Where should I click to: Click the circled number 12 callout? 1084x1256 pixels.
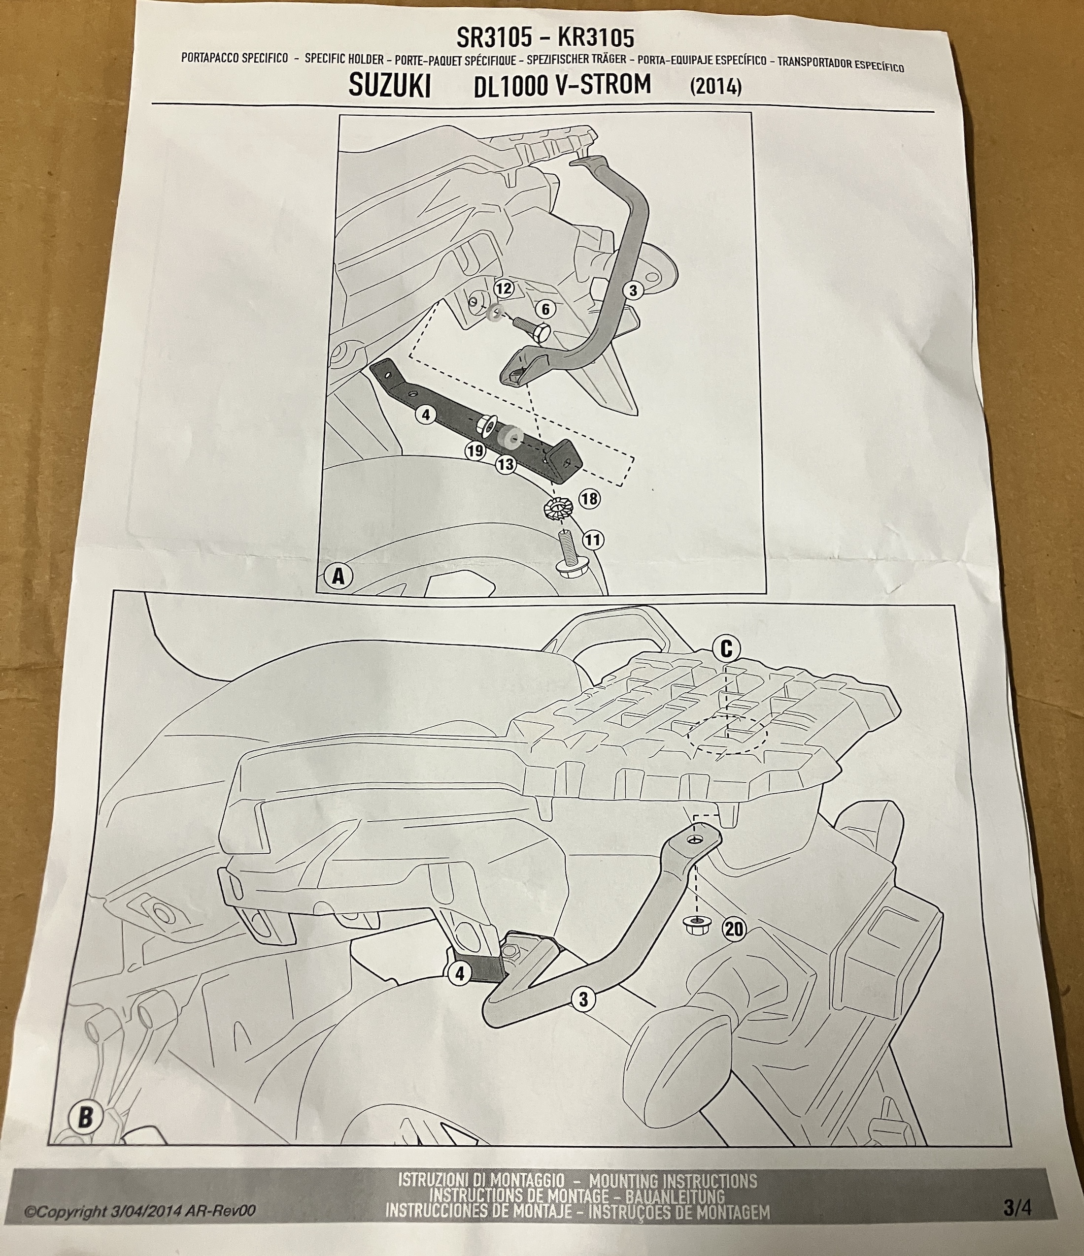click(504, 289)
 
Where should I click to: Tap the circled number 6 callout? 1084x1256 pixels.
click(545, 310)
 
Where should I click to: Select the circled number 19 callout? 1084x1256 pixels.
click(475, 451)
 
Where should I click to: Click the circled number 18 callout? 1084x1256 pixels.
click(589, 499)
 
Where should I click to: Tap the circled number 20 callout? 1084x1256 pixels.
click(734, 929)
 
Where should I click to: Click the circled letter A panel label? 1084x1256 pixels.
click(339, 576)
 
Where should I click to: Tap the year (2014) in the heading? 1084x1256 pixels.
click(716, 87)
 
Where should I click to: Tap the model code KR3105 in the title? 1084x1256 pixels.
click(596, 39)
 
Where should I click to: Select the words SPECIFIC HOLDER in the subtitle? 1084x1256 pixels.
click(344, 59)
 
